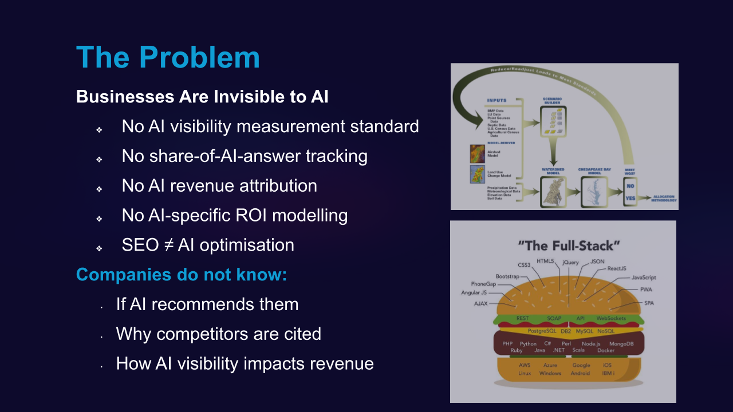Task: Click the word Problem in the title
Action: pyautogui.click(x=199, y=57)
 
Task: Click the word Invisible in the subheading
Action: pyautogui.click(x=247, y=97)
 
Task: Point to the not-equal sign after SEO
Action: pyautogui.click(x=168, y=245)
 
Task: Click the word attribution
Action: pyautogui.click(x=270, y=185)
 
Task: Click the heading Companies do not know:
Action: pyautogui.click(x=182, y=275)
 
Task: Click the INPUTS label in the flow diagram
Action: pyautogui.click(x=496, y=101)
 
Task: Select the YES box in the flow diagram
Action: pyautogui.click(x=630, y=198)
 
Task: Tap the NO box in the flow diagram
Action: pyautogui.click(x=630, y=186)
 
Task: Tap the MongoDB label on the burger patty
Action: pyautogui.click(x=621, y=344)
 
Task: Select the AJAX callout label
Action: pyautogui.click(x=480, y=304)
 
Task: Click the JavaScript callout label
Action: pyautogui.click(x=644, y=278)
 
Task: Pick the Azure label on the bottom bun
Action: pyautogui.click(x=550, y=365)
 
